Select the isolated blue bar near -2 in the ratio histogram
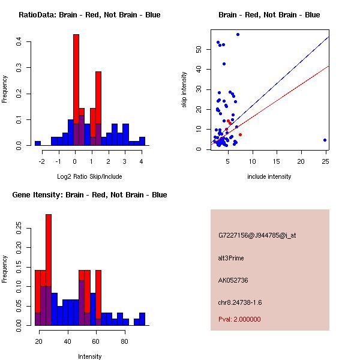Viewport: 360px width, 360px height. (38, 143)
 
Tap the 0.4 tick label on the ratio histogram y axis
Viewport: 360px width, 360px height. (19, 42)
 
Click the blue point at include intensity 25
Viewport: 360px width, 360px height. (325, 140)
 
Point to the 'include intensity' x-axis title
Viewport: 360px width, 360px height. (269, 176)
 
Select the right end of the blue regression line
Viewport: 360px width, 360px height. (329, 37)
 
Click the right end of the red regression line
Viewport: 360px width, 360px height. (329, 66)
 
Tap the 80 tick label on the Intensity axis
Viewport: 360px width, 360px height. (124, 342)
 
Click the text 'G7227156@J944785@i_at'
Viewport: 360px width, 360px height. (257, 235)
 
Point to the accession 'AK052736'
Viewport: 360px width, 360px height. (233, 280)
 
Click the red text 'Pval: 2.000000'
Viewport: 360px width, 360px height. (239, 319)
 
